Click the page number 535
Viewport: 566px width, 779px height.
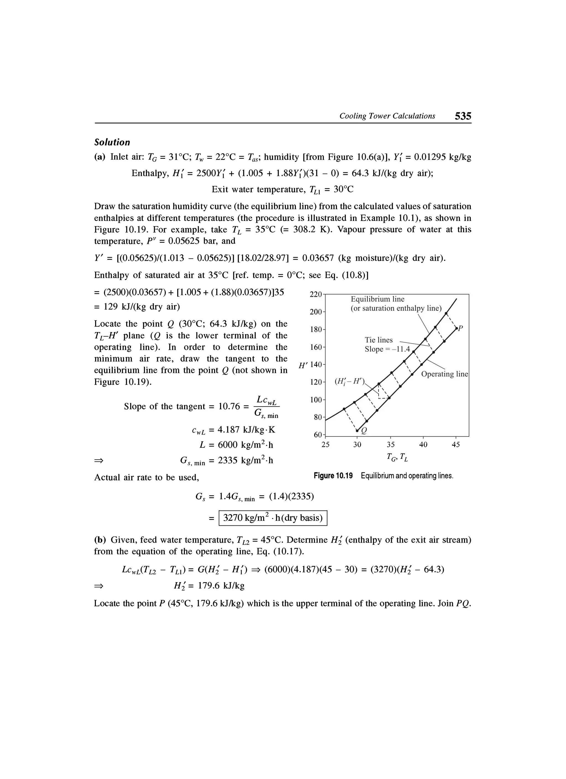coord(463,116)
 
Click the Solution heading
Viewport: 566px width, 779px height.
coord(112,142)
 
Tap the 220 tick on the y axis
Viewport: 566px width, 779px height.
coord(315,294)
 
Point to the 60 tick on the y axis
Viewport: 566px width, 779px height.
coord(318,435)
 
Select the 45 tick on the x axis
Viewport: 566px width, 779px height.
coord(455,444)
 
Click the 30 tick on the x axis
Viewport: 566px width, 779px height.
coord(357,444)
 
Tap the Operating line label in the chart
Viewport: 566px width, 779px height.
coord(444,374)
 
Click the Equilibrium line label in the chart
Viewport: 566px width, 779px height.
coord(377,299)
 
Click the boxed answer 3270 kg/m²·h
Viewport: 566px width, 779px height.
coord(273,518)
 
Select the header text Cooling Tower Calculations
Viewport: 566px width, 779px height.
coord(387,116)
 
